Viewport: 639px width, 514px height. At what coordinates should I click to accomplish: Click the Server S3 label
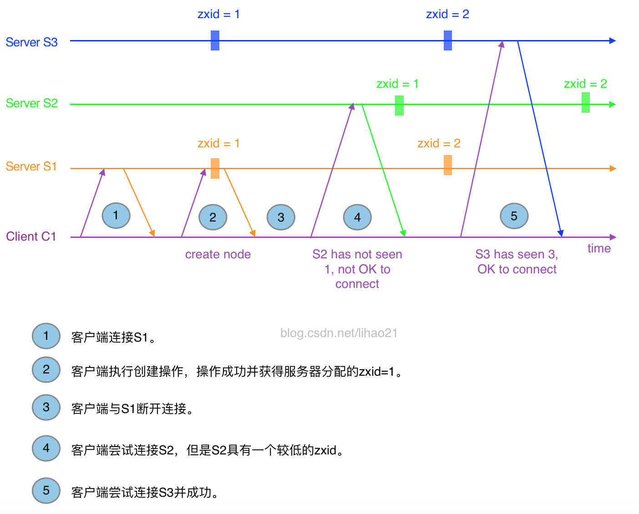point(31,42)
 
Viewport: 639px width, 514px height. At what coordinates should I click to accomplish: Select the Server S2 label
point(31,103)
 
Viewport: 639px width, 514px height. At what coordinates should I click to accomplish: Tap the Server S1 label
point(31,166)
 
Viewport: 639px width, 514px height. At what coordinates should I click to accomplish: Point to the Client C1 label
point(31,237)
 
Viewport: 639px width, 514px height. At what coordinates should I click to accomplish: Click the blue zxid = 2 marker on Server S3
point(448,40)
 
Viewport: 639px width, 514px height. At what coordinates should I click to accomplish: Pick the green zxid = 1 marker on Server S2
point(399,105)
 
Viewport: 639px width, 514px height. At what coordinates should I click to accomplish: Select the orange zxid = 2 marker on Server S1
point(448,165)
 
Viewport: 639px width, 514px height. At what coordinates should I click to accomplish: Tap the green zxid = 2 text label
point(585,84)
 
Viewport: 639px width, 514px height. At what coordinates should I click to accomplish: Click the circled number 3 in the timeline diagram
point(281,217)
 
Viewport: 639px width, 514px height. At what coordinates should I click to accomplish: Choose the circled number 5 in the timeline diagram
point(514,216)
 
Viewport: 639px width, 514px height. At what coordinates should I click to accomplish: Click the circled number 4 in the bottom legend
point(46,448)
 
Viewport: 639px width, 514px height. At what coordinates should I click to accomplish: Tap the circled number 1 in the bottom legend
point(46,336)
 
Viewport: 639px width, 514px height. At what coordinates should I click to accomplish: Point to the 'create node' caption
point(218,254)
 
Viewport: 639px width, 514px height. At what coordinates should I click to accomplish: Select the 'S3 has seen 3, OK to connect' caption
point(517,262)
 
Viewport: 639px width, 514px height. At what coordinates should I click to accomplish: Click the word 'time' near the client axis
point(598,248)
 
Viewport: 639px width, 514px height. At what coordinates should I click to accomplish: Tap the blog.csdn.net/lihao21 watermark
point(339,333)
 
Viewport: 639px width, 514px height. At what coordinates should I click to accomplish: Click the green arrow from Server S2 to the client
point(383,171)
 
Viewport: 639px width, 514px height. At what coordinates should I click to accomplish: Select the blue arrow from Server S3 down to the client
point(540,139)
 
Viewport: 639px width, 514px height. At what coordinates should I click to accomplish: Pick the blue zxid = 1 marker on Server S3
point(215,40)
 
